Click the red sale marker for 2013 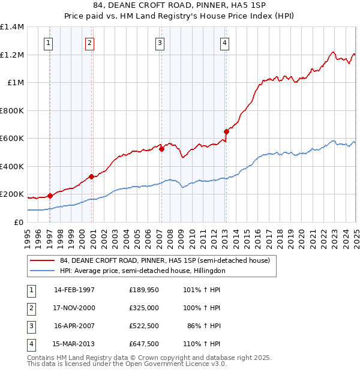pos(226,132)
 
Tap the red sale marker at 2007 pos(161,149)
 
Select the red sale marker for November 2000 pos(92,176)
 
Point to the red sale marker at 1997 pos(50,196)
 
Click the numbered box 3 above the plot pos(160,43)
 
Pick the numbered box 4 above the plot pos(224,43)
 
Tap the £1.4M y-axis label pos(12,27)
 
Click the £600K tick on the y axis pos(11,139)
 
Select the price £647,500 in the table pos(143,344)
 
